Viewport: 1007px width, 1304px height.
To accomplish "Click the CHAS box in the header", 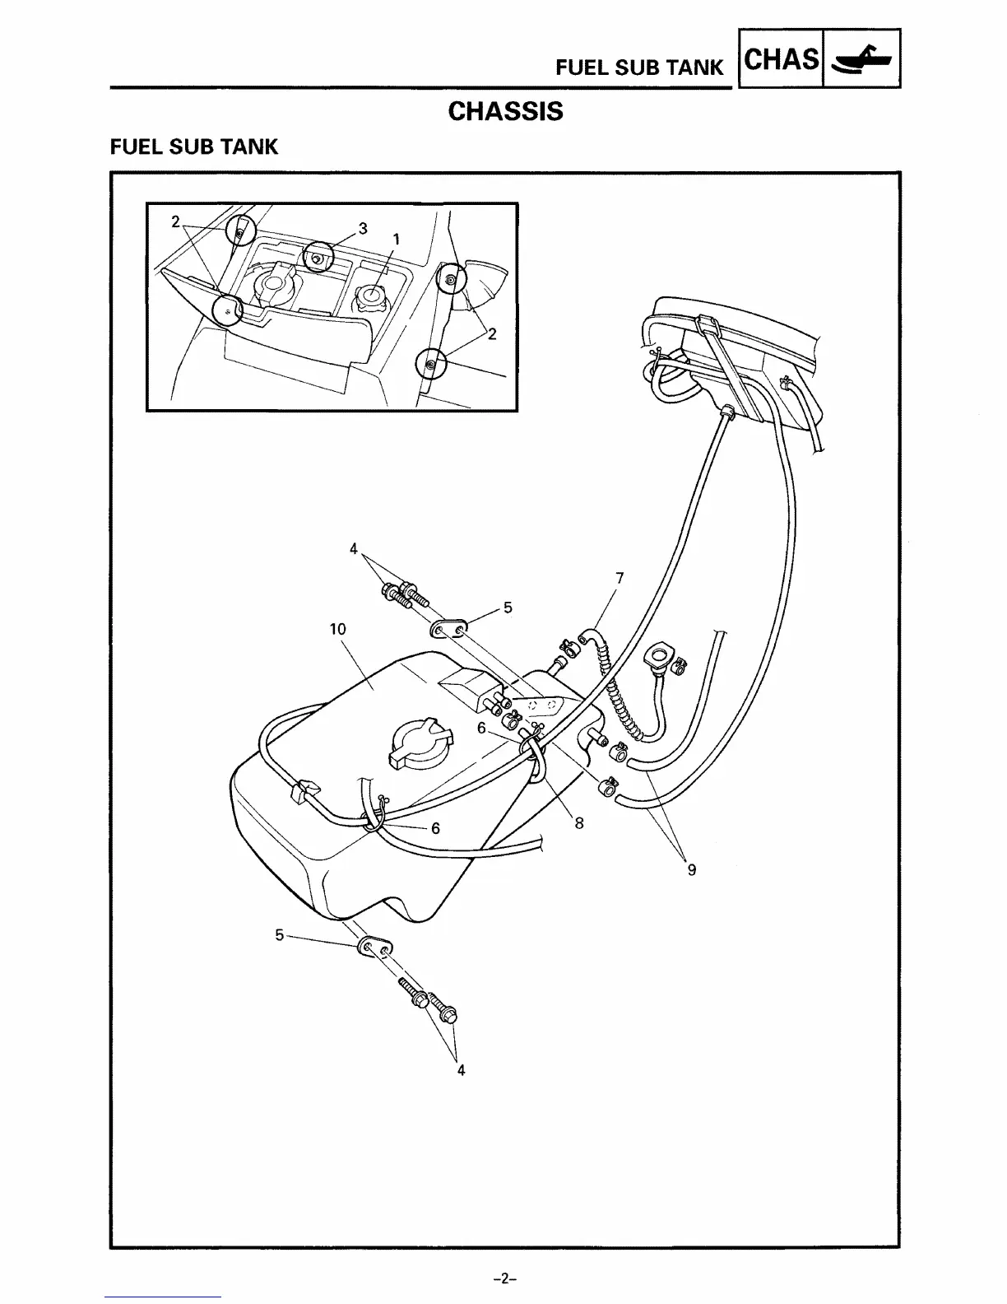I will click(781, 59).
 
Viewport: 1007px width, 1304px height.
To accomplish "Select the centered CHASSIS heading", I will click(505, 111).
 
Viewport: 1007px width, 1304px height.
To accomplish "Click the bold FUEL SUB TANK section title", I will click(194, 147).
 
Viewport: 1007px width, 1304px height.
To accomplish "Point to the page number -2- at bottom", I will click(503, 1279).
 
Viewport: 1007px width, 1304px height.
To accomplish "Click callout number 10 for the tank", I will click(337, 630).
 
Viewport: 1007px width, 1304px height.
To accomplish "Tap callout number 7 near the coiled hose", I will click(620, 579).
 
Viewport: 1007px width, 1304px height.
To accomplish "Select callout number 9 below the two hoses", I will click(691, 869).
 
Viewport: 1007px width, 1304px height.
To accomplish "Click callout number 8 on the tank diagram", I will click(579, 822).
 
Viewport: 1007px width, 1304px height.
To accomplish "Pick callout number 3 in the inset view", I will click(363, 228).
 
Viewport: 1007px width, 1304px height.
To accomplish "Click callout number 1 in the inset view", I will click(396, 239).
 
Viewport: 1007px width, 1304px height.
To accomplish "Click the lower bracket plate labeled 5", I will click(375, 951).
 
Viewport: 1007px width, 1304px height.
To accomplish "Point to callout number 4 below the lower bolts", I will click(461, 1070).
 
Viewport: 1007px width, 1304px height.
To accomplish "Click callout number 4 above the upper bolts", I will click(354, 548).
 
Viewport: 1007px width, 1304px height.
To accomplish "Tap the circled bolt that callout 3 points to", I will click(317, 258).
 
